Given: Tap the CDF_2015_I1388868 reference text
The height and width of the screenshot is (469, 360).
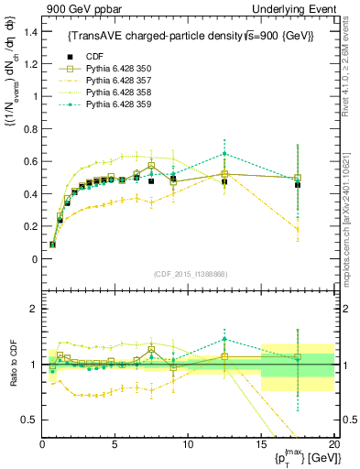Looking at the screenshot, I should [x=188, y=274].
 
